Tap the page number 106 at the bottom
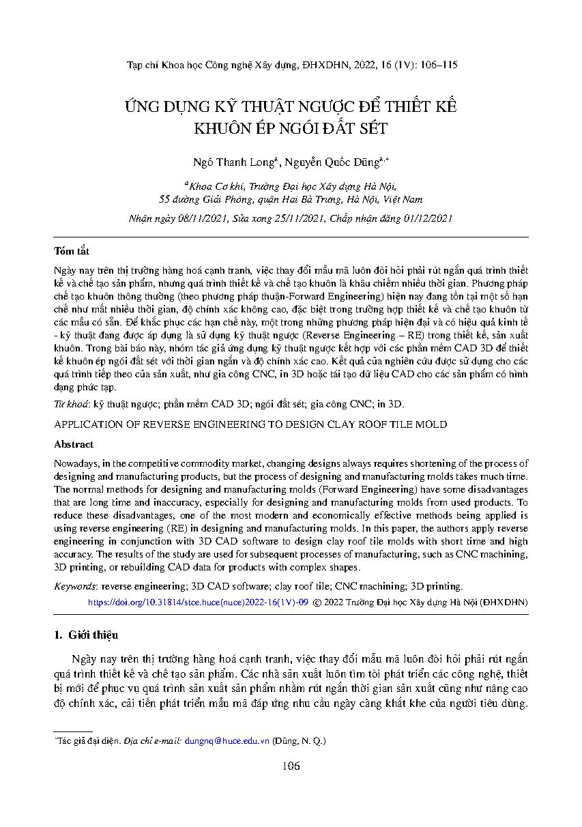(x=291, y=766)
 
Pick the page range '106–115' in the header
(x=435, y=66)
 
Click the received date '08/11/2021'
(x=197, y=218)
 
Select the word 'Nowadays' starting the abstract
(x=76, y=463)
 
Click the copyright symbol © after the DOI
(x=317, y=603)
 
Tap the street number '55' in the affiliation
(x=164, y=199)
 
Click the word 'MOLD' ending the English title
(x=432, y=424)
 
